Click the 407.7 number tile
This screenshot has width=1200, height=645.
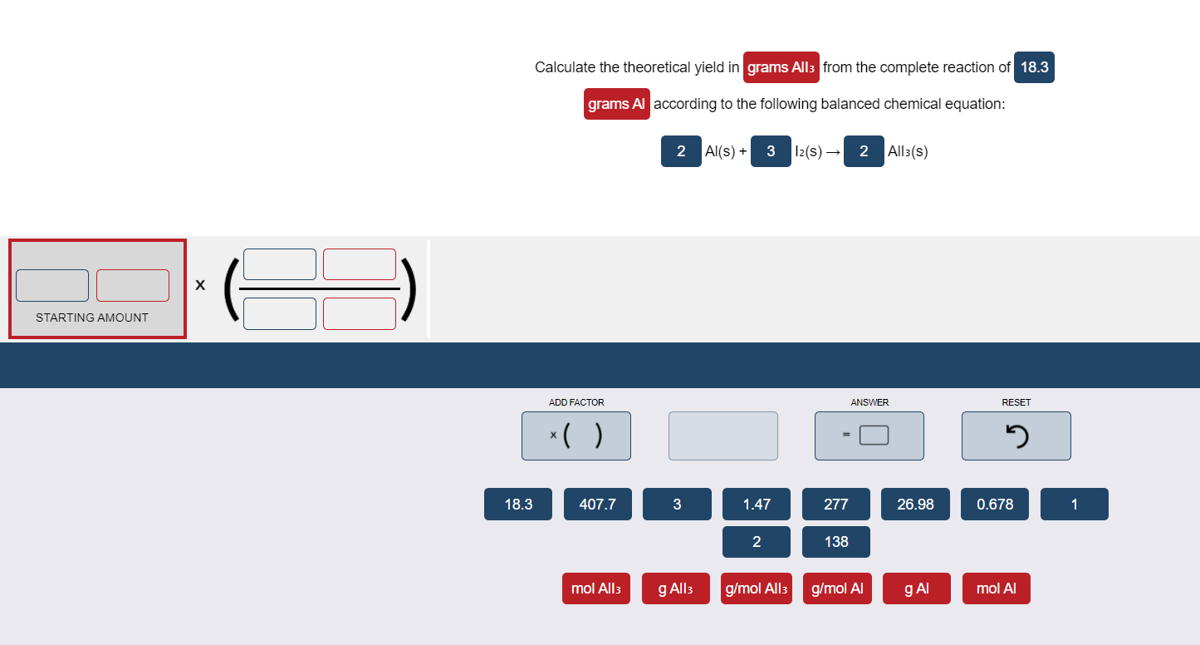(597, 505)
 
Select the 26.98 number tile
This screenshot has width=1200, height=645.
(915, 505)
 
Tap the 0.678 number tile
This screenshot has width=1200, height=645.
(994, 505)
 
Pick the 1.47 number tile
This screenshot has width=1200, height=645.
(756, 505)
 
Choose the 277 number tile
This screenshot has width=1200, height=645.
(835, 505)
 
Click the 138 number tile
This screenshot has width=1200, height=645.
(835, 542)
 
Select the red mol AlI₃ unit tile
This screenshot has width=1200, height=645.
(595, 588)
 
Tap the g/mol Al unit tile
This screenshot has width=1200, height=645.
(836, 588)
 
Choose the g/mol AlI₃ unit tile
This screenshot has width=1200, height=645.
(756, 588)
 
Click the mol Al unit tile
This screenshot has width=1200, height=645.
(996, 588)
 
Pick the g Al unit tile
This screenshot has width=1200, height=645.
(916, 588)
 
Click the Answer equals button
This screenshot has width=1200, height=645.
(869, 436)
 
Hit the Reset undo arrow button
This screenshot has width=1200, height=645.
(1016, 436)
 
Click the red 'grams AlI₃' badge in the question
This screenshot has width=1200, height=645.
(781, 67)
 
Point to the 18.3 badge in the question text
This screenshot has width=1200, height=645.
(1034, 67)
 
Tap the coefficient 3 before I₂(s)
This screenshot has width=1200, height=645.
(771, 151)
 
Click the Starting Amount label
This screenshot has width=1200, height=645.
(92, 318)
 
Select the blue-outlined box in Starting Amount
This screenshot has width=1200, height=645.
(52, 285)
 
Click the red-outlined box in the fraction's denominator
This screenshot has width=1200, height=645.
(359, 313)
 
